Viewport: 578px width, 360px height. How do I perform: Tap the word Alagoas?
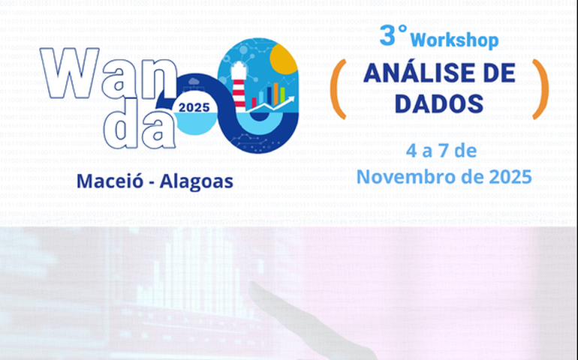pyautogui.click(x=196, y=181)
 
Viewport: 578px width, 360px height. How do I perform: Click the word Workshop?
pyautogui.click(x=454, y=39)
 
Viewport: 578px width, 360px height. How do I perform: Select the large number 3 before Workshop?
pyautogui.click(x=388, y=35)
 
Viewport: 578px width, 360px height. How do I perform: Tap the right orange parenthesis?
pyautogui.click(x=540, y=89)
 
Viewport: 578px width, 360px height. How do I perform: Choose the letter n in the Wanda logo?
pyautogui.click(x=185, y=78)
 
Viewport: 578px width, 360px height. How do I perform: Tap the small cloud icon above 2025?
pyautogui.click(x=194, y=81)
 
